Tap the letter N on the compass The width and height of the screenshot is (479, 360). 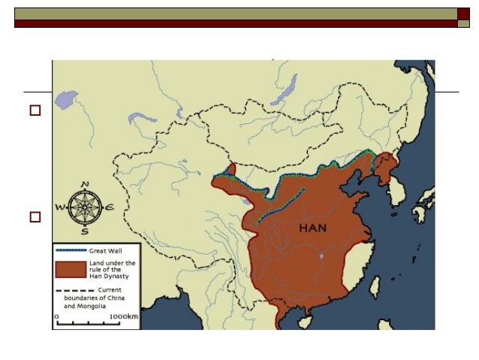[x=85, y=184]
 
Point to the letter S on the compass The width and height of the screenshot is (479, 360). [x=85, y=232]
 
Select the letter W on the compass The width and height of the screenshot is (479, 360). [x=59, y=208]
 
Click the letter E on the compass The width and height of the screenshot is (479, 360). [x=110, y=207]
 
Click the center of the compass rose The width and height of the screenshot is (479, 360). [x=85, y=207]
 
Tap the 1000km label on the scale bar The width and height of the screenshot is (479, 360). [x=122, y=316]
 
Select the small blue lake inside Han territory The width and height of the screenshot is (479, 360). [x=321, y=256]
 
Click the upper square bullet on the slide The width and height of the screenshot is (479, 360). [x=35, y=110]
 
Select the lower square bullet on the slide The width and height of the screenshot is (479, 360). [x=35, y=217]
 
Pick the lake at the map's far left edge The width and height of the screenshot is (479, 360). [x=66, y=99]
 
